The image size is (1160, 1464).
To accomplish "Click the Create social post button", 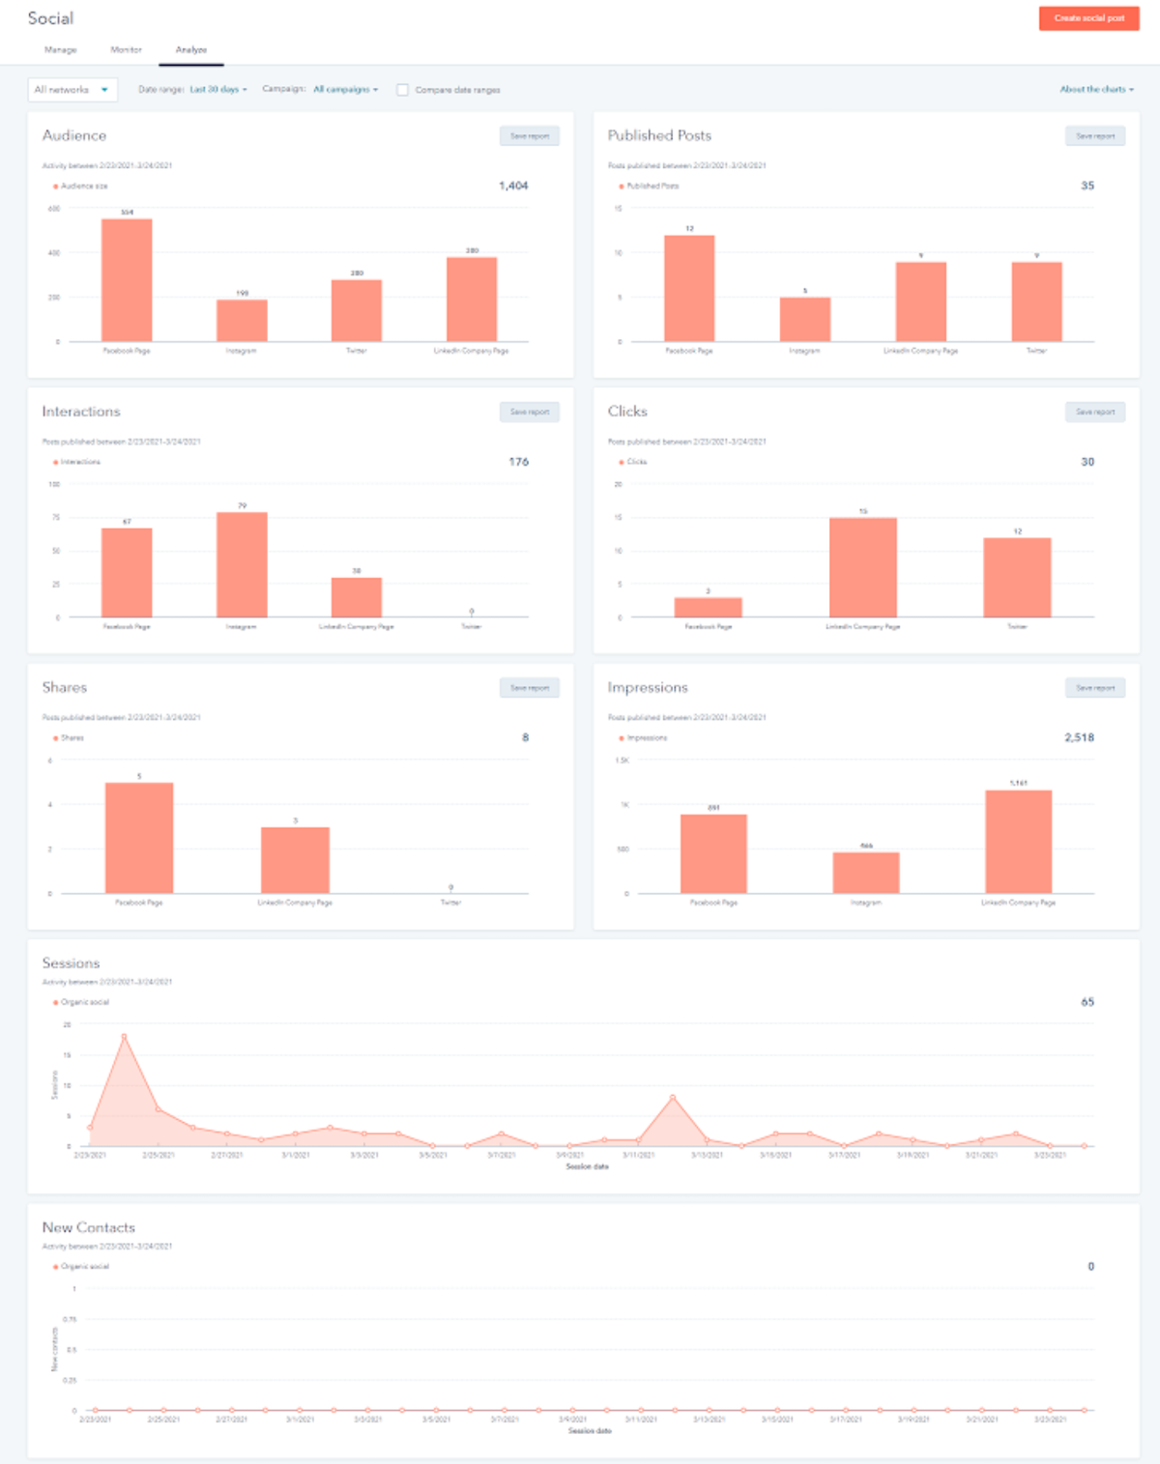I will click(1088, 18).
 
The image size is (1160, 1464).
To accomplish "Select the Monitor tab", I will click(126, 49).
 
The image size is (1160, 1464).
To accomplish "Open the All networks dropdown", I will click(72, 90).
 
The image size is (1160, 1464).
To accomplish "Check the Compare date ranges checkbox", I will click(403, 90).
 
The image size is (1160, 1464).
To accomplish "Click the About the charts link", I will click(1096, 89).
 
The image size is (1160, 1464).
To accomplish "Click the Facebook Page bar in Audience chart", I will click(127, 280).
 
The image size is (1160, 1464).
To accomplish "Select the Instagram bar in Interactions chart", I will click(242, 564).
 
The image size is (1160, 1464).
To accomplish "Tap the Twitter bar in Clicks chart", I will click(1017, 577).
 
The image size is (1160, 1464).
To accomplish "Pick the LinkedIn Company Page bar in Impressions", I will click(1018, 842).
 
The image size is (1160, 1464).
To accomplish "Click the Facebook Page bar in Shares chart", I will click(139, 838).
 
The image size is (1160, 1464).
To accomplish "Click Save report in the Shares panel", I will click(530, 688).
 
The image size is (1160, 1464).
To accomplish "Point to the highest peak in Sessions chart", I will click(124, 1037).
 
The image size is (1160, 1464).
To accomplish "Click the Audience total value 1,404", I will click(513, 186).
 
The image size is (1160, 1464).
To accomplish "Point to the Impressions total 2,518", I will click(1079, 737).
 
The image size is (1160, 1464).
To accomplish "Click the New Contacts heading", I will click(89, 1227).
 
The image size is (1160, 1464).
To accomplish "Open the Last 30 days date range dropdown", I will click(217, 89).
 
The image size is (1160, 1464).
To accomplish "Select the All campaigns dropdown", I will click(345, 89).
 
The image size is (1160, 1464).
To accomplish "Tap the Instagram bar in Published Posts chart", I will click(805, 319).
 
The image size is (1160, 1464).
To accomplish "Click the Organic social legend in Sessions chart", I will click(84, 1002).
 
